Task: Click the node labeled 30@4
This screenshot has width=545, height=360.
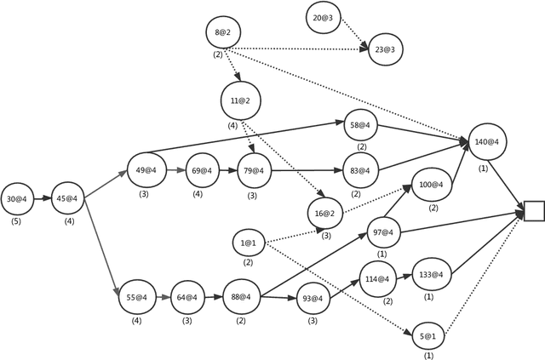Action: [17, 199]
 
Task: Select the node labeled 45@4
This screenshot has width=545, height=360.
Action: [67, 199]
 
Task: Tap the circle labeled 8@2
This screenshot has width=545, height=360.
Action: [222, 33]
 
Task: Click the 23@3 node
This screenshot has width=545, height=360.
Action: [383, 49]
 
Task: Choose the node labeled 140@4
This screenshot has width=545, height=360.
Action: [486, 142]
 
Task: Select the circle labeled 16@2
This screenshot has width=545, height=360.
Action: [324, 211]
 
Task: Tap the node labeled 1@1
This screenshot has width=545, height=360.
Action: [249, 243]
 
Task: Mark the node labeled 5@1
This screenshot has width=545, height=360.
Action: [427, 336]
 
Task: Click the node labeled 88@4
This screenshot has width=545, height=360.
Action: [240, 297]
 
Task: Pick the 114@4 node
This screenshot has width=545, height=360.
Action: [377, 279]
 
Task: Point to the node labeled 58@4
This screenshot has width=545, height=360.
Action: [361, 125]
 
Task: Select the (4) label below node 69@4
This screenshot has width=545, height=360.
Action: [198, 193]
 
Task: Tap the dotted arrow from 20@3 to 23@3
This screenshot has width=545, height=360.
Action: [353, 33]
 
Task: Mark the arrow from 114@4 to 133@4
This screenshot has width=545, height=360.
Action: [403, 277]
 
